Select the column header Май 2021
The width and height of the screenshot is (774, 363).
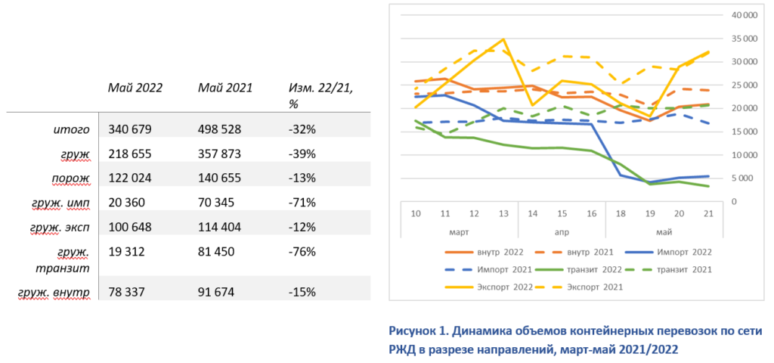pyautogui.click(x=225, y=88)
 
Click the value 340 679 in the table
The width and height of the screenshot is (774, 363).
pyautogui.click(x=130, y=129)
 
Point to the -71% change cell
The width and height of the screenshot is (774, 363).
pyautogui.click(x=302, y=202)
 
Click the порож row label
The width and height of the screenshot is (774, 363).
pyautogui.click(x=73, y=178)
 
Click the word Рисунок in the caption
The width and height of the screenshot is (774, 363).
pyautogui.click(x=413, y=331)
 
